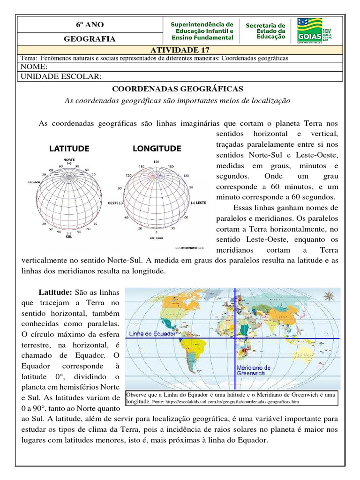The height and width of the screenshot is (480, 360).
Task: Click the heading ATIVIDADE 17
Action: click(x=180, y=50)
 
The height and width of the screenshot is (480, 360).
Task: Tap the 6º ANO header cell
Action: click(x=90, y=24)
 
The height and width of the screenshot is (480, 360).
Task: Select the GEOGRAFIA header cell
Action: click(x=90, y=39)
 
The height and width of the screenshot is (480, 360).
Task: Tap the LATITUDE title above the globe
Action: click(x=69, y=149)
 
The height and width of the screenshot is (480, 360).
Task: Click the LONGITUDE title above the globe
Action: click(x=157, y=149)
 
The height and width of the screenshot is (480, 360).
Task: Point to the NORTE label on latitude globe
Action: click(x=69, y=159)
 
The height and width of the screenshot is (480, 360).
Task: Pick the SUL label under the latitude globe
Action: click(x=69, y=237)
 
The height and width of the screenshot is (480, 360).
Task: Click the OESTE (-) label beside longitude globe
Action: click(x=115, y=203)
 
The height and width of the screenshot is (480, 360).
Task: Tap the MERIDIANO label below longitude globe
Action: click(x=157, y=238)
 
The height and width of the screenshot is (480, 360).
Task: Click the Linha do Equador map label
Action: click(x=148, y=333)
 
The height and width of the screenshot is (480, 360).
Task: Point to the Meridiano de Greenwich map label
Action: click(x=254, y=370)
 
